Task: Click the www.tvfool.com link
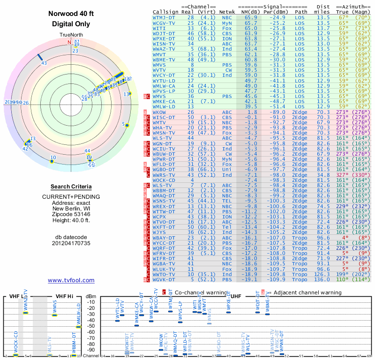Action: (71, 280)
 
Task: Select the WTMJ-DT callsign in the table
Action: (164, 17)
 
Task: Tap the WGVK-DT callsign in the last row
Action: (165, 279)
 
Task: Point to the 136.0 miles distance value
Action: (323, 279)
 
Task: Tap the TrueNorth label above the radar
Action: (71, 35)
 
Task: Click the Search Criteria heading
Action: (71, 187)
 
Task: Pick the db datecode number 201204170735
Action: (71, 243)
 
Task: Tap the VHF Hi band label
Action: (64, 296)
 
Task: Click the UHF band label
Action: (236, 296)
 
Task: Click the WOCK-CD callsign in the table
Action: (165, 180)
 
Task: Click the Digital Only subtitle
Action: (71, 24)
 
